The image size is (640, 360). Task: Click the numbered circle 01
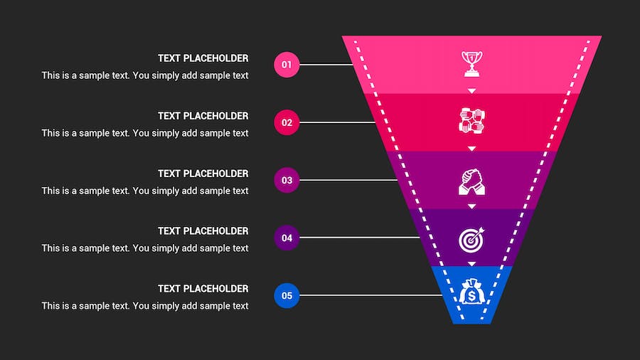pos(287,65)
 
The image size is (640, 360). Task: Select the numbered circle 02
pos(287,122)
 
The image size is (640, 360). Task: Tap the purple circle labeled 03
pos(287,180)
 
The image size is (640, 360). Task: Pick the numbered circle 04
pos(287,238)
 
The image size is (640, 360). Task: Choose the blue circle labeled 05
pos(287,295)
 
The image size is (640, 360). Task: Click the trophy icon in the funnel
pos(471,63)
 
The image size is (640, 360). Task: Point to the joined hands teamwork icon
pos(471,120)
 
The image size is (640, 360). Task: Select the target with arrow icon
pos(471,239)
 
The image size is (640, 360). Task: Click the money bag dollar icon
pos(471,292)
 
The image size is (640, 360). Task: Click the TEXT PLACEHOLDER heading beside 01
pos(203,58)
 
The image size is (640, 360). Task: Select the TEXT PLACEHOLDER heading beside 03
pos(203,174)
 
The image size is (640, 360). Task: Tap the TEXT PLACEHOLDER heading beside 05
pos(203,289)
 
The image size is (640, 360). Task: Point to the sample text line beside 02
pos(145,133)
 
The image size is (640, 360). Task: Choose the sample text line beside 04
pos(145,248)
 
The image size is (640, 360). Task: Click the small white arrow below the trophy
pos(471,91)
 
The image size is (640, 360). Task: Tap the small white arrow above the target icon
pos(471,206)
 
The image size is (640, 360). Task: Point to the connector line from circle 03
pos(348,180)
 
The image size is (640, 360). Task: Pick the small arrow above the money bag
pos(471,264)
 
